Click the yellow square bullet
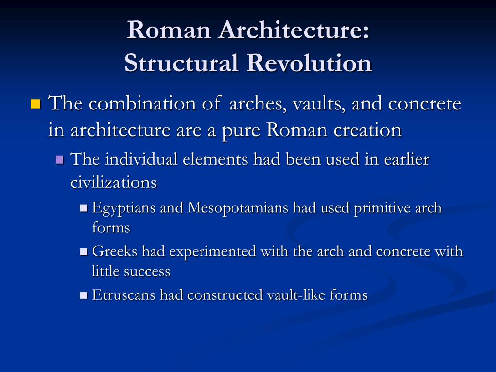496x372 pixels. pyautogui.click(x=36, y=104)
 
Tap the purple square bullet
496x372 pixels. pyautogui.click(x=60, y=159)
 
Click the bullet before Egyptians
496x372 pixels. pyautogui.click(x=83, y=208)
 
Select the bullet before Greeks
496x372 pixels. pyautogui.click(x=83, y=252)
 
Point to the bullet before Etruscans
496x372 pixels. pyautogui.click(x=83, y=295)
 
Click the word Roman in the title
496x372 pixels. pyautogui.click(x=169, y=30)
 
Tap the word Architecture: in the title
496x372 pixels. pyautogui.click(x=294, y=30)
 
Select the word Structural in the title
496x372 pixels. pyautogui.click(x=181, y=62)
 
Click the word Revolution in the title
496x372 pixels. pyautogui.click(x=309, y=62)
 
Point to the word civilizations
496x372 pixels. pyautogui.click(x=113, y=182)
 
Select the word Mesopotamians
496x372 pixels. pyautogui.click(x=238, y=208)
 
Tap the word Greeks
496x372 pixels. pyautogui.click(x=114, y=251)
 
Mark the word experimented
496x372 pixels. pyautogui.click(x=213, y=252)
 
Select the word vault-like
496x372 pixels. pyautogui.click(x=296, y=295)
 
